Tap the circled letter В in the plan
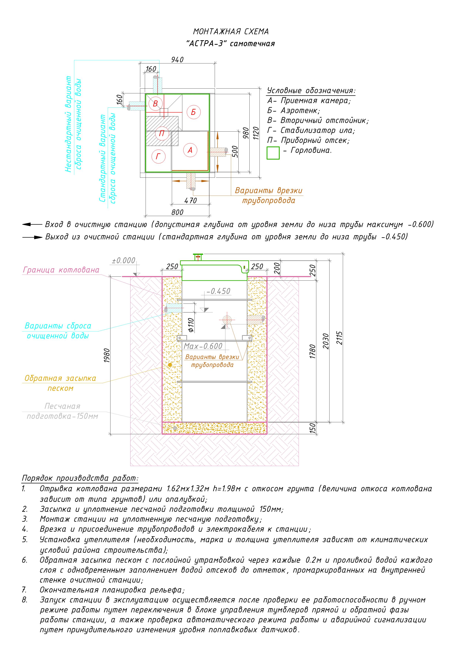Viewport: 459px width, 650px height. point(155,104)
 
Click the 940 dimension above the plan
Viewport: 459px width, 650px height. point(177,60)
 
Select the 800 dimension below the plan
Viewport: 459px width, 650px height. point(177,212)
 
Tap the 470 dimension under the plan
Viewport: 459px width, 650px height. point(190,201)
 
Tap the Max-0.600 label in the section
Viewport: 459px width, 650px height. point(203,346)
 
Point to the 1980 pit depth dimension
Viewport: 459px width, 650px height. point(107,355)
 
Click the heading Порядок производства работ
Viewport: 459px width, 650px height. point(80,478)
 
